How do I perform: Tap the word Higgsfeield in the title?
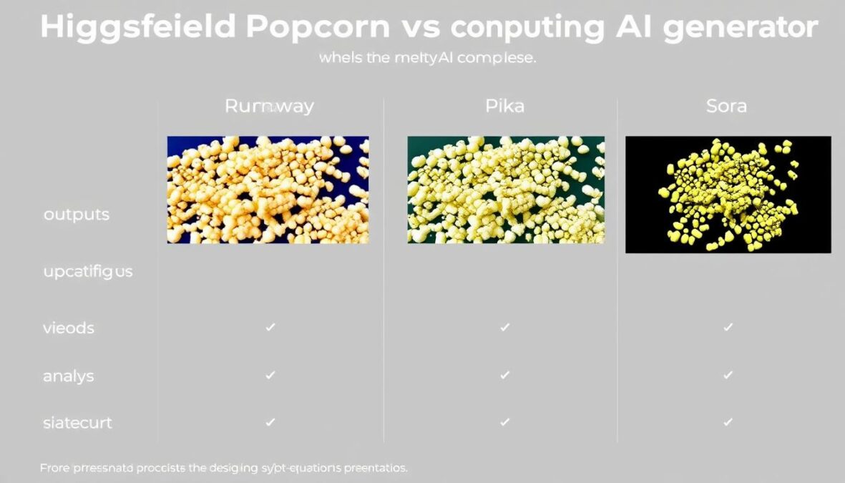(137, 27)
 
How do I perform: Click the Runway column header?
(269, 107)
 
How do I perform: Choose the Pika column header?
(504, 107)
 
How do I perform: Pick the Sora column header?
(726, 107)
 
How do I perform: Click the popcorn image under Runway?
(268, 190)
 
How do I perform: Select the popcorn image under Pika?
(506, 190)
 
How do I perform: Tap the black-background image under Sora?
(728, 194)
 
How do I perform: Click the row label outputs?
(77, 215)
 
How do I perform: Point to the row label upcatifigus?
(88, 272)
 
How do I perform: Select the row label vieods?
(69, 328)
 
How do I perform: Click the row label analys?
(69, 375)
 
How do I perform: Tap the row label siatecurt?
(77, 422)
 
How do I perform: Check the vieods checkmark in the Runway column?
(270, 327)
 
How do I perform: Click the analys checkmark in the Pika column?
(504, 374)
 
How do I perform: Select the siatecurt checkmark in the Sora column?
(728, 421)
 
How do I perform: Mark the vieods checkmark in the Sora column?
(728, 327)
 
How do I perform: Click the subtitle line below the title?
(427, 59)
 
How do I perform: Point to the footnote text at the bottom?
(223, 468)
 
